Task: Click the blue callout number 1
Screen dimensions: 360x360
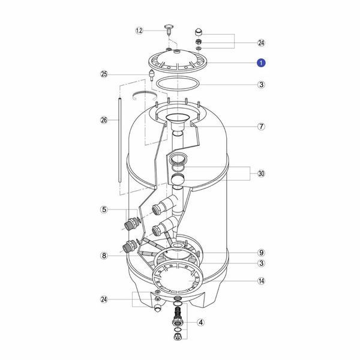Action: [x=261, y=62]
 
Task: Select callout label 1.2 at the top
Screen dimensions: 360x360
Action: [x=139, y=31]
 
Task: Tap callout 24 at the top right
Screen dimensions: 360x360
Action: [x=261, y=43]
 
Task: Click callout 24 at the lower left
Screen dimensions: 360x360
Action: [x=104, y=299]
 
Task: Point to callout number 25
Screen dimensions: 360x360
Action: [x=104, y=74]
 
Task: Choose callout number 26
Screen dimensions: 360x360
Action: [x=104, y=120]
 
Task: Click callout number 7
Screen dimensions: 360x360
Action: [x=261, y=126]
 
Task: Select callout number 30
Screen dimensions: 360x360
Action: [x=261, y=173]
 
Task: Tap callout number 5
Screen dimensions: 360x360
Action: [x=104, y=209]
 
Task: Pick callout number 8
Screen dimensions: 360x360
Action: [x=104, y=256]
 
